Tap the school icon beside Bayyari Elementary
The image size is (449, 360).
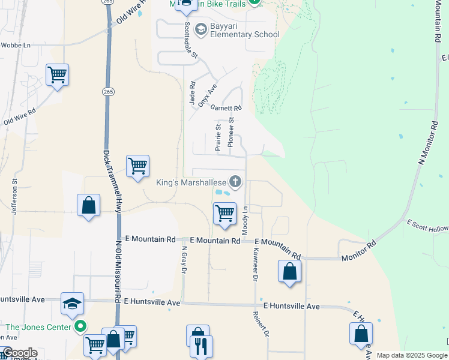200,29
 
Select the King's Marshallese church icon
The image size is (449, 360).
236,181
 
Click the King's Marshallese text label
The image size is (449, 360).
190,182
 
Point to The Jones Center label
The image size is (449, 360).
38,327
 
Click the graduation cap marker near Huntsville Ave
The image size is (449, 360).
72,304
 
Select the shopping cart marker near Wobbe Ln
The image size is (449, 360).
57,76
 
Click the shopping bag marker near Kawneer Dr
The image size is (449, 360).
289,271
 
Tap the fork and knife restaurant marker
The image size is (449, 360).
201,346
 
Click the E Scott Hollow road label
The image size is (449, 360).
427,230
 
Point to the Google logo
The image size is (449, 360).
19,353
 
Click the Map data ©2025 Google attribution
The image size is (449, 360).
412,355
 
